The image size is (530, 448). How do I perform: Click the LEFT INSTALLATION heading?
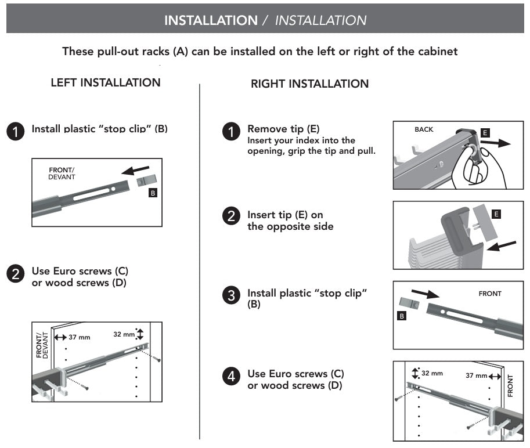coord(106,82)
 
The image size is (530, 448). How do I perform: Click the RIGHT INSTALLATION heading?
coord(309,84)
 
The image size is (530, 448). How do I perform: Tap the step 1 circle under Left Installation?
coord(16,131)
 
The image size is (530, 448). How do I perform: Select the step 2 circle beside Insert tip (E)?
coord(231,216)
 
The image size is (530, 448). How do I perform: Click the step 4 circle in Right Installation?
coord(231,376)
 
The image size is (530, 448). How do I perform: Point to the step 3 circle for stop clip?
coord(231,295)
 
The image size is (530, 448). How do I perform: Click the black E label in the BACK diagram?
coord(485,133)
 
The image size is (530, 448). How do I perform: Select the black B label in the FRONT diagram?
coord(401,316)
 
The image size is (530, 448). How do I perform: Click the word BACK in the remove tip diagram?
coord(424,129)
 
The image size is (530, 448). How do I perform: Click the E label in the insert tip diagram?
coord(495,214)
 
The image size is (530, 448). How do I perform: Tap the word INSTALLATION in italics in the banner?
coord(320,20)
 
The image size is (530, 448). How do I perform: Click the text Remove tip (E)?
coord(283,129)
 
